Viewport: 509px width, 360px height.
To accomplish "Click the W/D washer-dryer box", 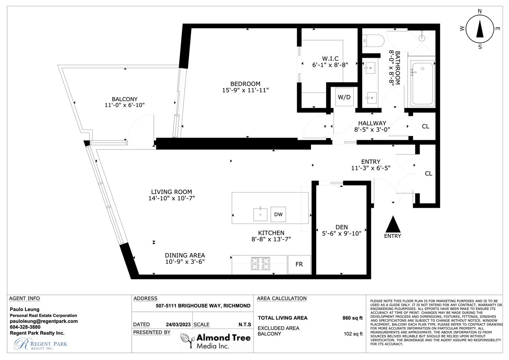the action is click(344, 97).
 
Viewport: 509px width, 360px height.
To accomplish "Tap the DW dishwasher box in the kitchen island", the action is click(278, 214).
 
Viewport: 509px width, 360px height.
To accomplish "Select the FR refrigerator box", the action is click(299, 264).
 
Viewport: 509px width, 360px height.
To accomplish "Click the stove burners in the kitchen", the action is click(260, 264).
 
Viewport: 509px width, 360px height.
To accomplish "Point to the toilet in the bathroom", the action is click(373, 41).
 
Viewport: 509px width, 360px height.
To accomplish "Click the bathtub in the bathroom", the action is click(422, 84).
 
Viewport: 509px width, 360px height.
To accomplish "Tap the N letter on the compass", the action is click(480, 11).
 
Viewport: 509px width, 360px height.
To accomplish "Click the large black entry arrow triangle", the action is click(393, 224).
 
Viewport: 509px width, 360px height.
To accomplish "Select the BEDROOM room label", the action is click(245, 84).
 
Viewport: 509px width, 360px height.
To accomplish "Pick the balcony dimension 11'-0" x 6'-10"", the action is click(124, 105).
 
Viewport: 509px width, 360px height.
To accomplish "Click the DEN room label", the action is click(342, 227).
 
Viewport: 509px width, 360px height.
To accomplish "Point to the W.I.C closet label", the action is click(330, 58).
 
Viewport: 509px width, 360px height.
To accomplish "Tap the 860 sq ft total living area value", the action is click(352, 318).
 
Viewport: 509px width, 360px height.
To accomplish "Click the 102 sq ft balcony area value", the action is click(353, 334).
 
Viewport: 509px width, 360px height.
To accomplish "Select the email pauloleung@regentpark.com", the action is click(44, 321).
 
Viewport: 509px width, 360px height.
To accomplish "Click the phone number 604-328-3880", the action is click(25, 327).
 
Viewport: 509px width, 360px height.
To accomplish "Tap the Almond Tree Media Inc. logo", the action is click(216, 341).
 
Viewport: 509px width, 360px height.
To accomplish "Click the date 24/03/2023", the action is click(178, 325).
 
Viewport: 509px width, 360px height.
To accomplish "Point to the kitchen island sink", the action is click(260, 214).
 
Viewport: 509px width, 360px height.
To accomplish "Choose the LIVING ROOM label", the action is click(171, 192).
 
